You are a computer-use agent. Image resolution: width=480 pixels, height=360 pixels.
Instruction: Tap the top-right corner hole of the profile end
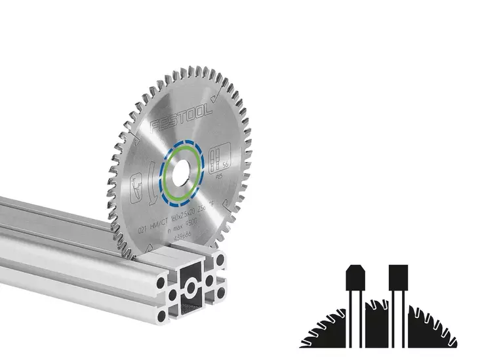pos(218,264)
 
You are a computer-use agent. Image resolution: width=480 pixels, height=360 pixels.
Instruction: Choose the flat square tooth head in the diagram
pos(398,278)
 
